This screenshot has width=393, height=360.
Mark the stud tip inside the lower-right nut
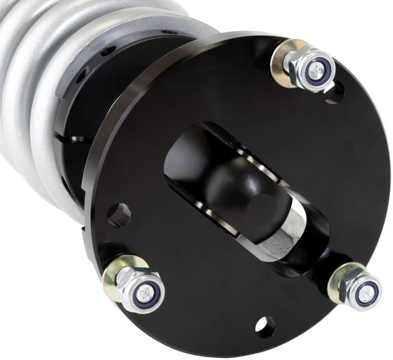coord(366,293)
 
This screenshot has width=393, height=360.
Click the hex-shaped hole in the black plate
coord(119,215)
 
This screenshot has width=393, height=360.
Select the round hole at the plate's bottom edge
coord(265,327)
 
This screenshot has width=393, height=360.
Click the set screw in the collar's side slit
coord(74,139)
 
